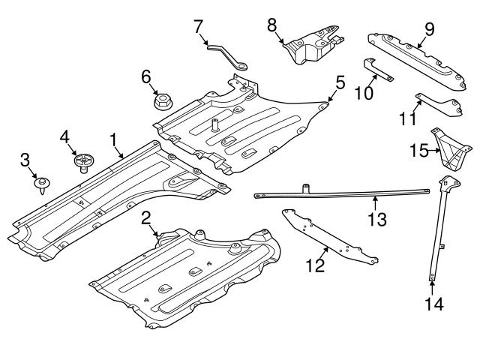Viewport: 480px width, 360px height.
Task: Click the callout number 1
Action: (x=113, y=139)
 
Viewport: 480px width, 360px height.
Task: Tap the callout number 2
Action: (x=146, y=217)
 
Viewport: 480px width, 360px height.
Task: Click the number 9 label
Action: (x=429, y=30)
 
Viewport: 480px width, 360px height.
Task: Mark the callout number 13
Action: (x=381, y=219)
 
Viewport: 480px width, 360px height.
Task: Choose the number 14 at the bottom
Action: (x=433, y=304)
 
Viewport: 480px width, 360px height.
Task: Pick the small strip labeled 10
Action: (x=379, y=70)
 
